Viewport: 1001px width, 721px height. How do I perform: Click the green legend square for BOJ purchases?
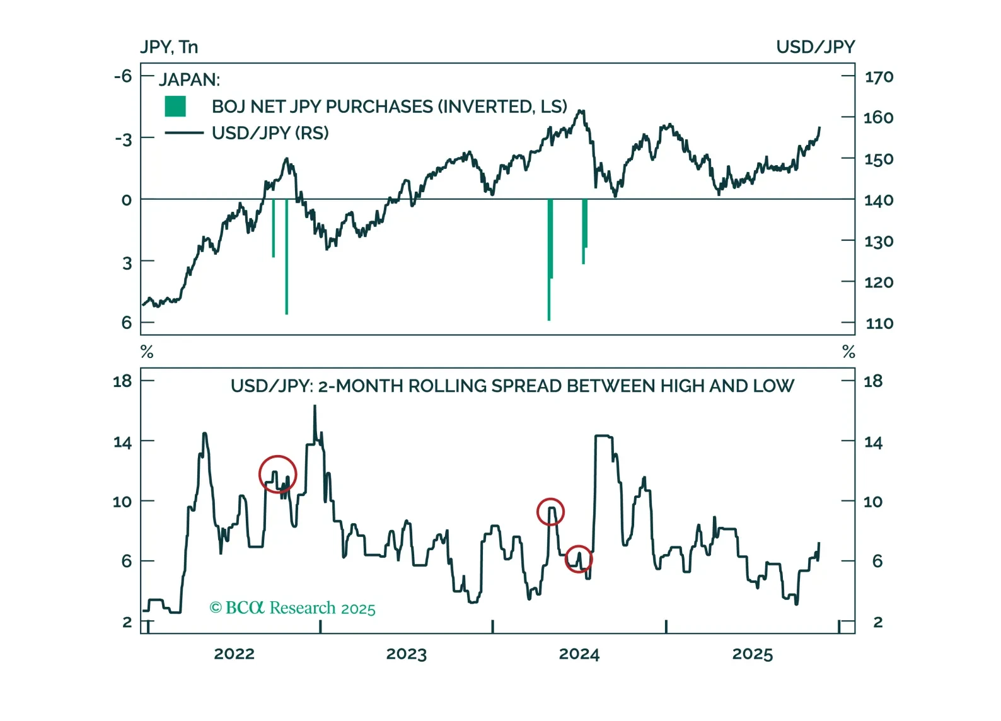point(175,107)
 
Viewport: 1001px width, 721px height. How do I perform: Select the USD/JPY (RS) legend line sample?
point(183,133)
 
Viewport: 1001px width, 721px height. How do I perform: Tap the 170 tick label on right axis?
point(879,77)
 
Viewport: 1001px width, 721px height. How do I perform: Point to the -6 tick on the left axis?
point(123,76)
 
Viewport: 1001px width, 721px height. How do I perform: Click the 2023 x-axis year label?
point(406,654)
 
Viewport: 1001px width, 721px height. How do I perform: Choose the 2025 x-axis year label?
point(752,654)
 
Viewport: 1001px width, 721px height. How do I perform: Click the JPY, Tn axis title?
point(169,47)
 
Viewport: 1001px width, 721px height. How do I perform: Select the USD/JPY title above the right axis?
point(815,47)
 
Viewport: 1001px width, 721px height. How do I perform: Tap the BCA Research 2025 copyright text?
point(292,608)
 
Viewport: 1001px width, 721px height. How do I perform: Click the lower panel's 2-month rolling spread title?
point(512,386)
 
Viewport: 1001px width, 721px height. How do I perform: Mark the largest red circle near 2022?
point(277,474)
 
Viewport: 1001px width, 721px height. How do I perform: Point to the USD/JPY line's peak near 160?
point(581,112)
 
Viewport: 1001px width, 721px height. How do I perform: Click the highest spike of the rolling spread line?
point(315,407)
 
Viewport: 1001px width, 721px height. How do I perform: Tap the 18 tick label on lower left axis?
point(122,381)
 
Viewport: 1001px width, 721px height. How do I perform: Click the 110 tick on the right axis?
point(879,323)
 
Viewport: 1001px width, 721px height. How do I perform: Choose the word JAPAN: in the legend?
point(189,80)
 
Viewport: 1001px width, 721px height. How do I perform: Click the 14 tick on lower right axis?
point(873,442)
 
